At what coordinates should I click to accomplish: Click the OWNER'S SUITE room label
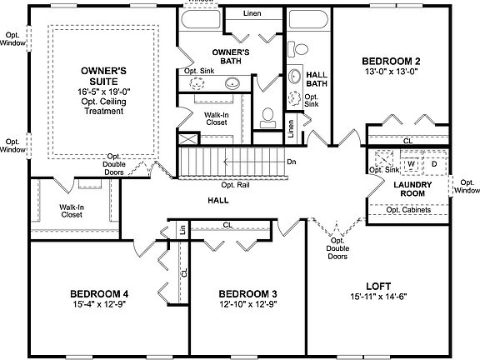click(102, 76)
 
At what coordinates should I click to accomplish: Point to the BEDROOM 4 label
click(98, 293)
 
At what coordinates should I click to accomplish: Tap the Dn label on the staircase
click(292, 162)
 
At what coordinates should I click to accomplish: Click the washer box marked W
click(411, 162)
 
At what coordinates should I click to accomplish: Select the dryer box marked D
click(433, 162)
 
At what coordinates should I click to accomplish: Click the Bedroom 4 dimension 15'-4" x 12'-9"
click(98, 305)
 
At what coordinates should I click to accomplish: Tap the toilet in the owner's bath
click(268, 117)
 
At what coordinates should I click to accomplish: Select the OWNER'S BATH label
click(226, 57)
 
